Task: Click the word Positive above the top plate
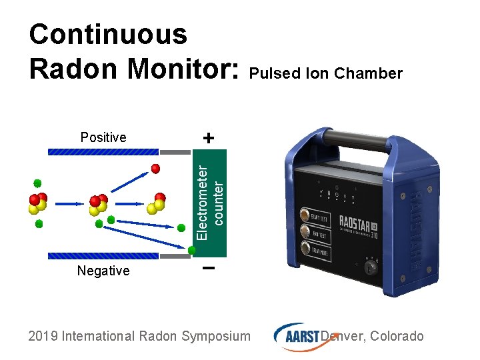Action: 103,138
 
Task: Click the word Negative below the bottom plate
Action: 103,271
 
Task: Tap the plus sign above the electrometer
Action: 209,138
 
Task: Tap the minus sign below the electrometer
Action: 208,269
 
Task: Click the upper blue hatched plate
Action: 104,152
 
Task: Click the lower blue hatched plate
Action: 104,255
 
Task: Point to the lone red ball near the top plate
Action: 155,169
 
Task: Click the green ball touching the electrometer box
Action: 192,250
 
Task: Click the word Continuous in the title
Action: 109,34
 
